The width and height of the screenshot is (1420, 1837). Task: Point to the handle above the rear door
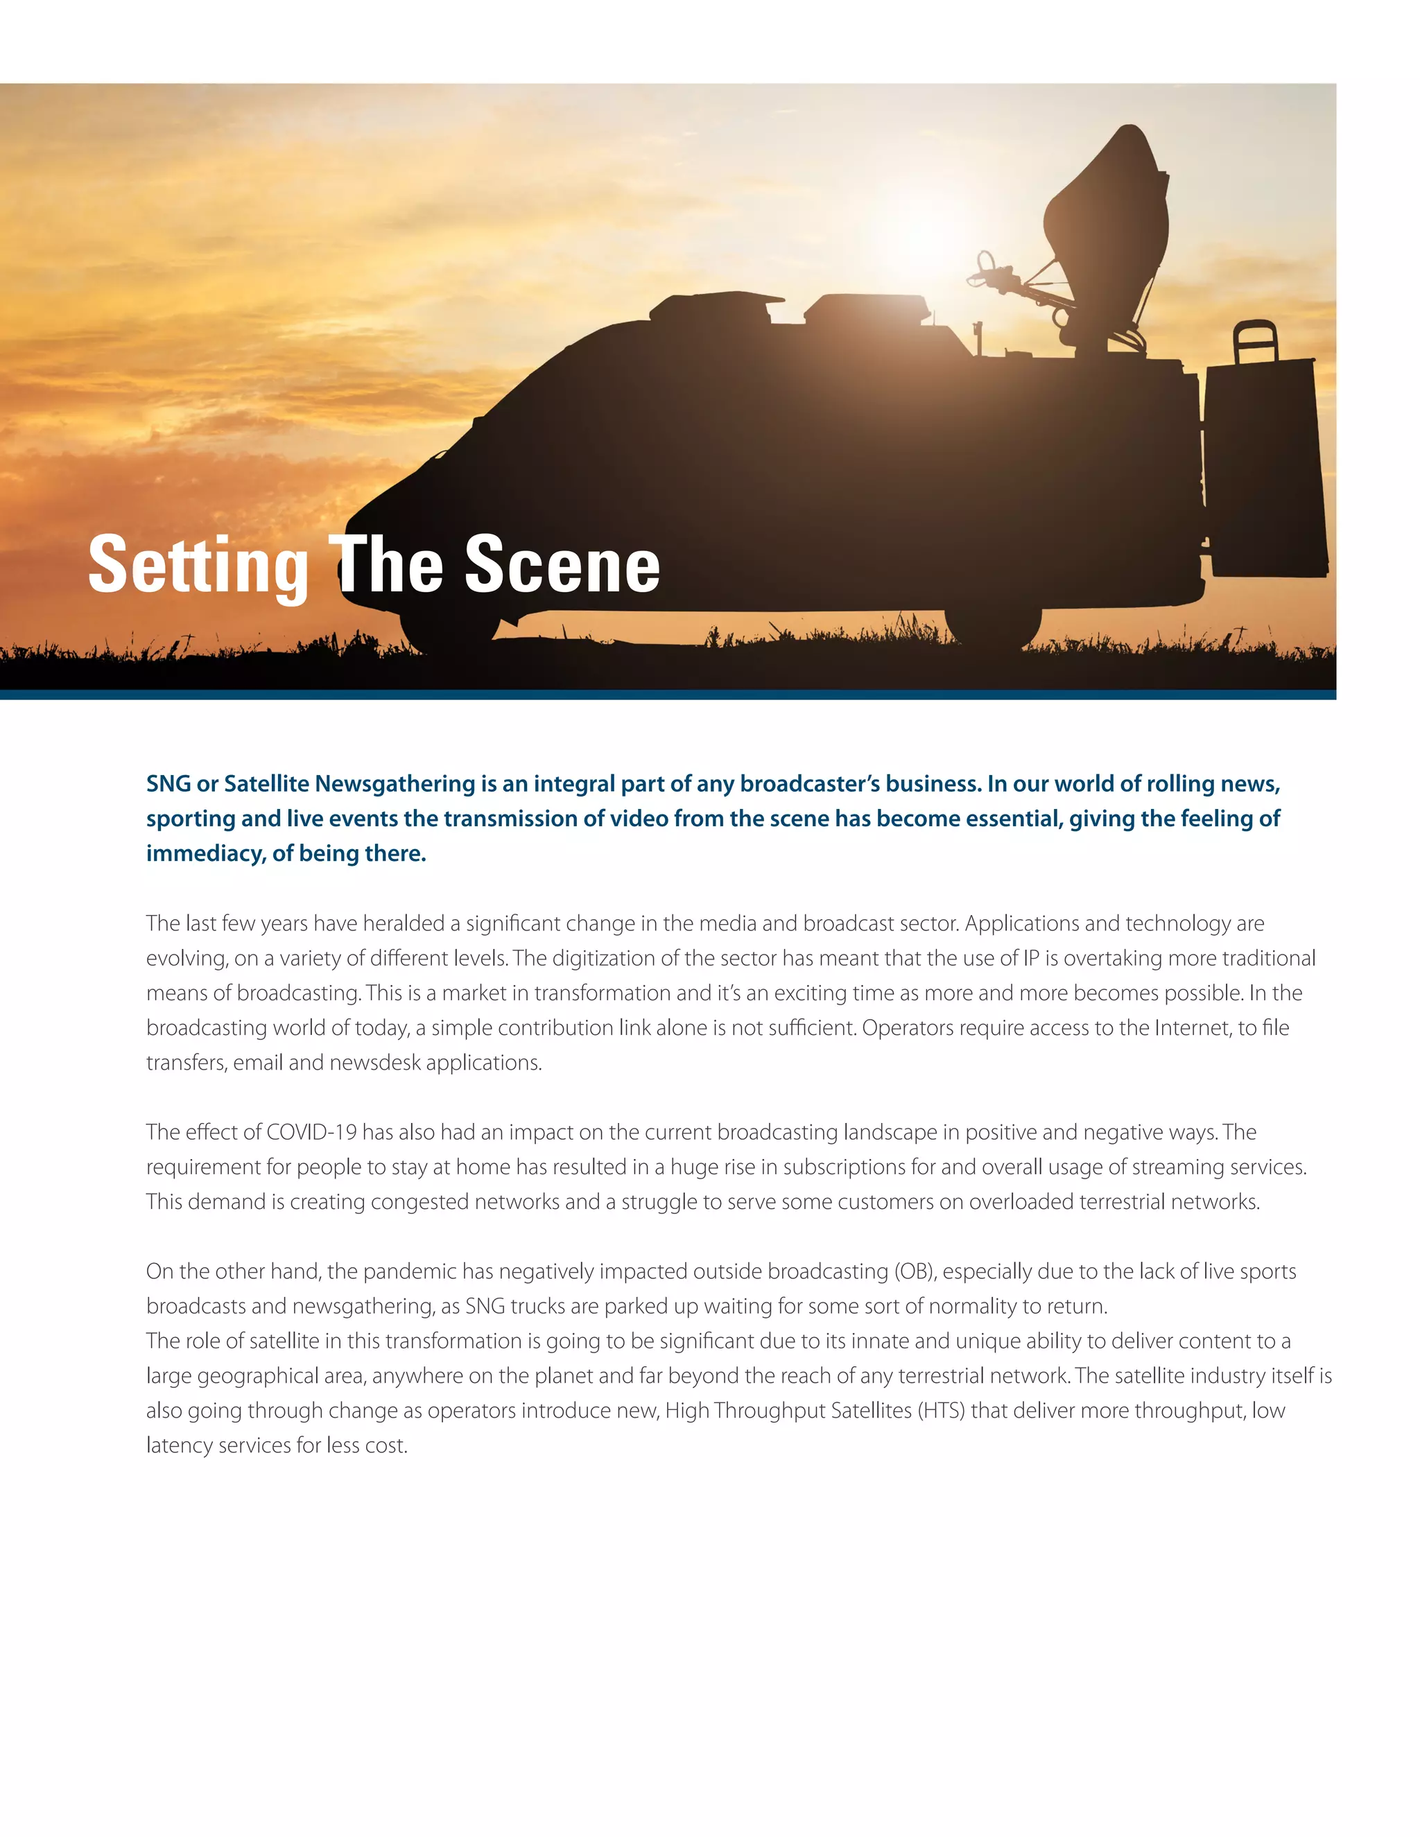[x=1255, y=340]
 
